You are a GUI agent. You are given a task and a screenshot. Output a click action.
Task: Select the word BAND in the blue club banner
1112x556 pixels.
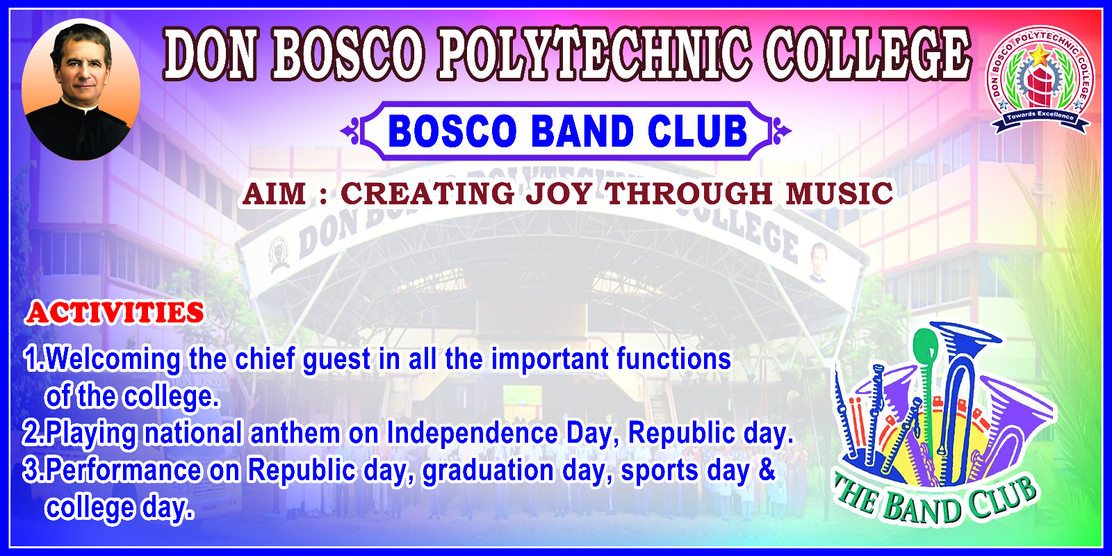coord(582,131)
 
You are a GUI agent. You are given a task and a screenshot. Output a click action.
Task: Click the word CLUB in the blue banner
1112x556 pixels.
coord(698,131)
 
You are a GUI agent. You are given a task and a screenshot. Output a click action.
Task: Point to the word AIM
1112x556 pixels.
coord(275,194)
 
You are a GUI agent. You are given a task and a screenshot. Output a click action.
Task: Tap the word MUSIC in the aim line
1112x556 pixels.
coord(840,194)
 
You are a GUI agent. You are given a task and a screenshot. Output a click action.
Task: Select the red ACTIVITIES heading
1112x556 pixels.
coord(115,313)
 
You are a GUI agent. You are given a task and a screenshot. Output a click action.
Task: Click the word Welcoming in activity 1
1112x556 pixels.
coord(113,359)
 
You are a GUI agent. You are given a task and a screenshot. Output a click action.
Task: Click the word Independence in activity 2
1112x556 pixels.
coord(472,434)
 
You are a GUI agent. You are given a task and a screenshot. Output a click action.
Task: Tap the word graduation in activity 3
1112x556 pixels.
coord(487,471)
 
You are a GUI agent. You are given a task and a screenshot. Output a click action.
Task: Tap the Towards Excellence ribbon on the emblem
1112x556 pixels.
coord(1040,118)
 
